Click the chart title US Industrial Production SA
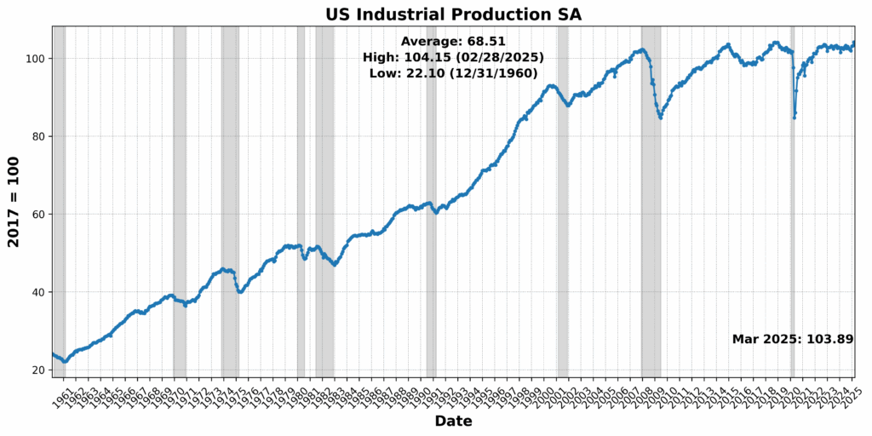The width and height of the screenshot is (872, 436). pyautogui.click(x=453, y=14)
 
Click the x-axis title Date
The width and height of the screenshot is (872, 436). pyautogui.click(x=453, y=421)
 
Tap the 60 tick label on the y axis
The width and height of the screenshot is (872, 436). pyautogui.click(x=40, y=215)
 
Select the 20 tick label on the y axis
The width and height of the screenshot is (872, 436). pyautogui.click(x=40, y=370)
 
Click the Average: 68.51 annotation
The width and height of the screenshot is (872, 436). pyautogui.click(x=453, y=41)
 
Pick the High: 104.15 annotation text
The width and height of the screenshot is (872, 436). pyautogui.click(x=453, y=57)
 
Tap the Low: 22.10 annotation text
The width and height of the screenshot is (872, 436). pyautogui.click(x=453, y=73)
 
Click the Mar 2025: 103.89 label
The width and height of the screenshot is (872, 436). pyautogui.click(x=792, y=339)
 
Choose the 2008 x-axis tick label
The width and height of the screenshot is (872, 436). pyautogui.click(x=641, y=397)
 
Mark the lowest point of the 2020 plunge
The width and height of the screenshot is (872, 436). pyautogui.click(x=794, y=118)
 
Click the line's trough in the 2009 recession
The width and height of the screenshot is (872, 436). pyautogui.click(x=661, y=118)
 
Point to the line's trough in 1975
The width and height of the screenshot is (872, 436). pyautogui.click(x=240, y=292)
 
